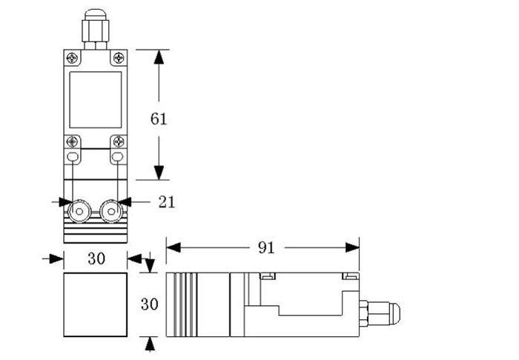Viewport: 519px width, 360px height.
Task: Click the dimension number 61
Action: pos(159,118)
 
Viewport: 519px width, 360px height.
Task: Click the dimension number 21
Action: pos(167,201)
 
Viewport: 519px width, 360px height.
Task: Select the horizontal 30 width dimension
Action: pos(96,258)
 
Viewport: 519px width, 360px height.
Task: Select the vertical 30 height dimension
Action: pos(151,304)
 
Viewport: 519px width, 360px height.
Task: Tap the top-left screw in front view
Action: pos(72,58)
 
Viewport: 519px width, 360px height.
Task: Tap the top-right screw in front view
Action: pos(119,58)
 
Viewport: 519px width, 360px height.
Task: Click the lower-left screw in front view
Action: pos(72,141)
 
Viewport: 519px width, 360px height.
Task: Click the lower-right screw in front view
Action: pos(117,141)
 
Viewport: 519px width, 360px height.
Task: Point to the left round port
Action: pos(77,213)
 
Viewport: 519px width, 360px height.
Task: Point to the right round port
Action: pos(111,213)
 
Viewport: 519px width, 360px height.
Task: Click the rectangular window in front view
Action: pos(96,99)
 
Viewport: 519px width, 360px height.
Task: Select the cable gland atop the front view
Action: pos(95,28)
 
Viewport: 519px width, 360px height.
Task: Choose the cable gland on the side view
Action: pos(378,311)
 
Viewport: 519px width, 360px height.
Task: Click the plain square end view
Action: pos(96,304)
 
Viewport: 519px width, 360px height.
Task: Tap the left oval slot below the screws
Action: pos(72,157)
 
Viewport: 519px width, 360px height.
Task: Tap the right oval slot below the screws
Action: pos(117,157)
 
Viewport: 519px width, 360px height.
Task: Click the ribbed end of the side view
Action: pos(182,304)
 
